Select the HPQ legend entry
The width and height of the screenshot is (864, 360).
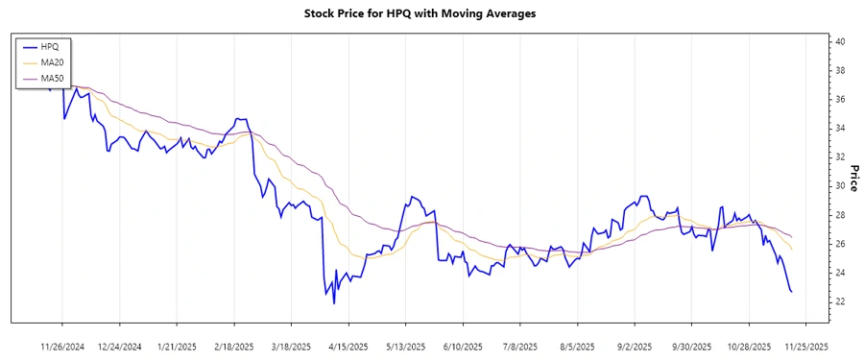coord(50,46)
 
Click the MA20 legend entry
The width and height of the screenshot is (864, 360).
coord(52,62)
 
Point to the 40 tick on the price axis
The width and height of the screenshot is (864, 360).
coord(839,42)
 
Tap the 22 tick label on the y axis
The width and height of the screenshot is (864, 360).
coord(839,301)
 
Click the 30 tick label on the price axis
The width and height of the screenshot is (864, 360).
coord(839,186)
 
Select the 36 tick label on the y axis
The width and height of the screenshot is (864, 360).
coord(839,100)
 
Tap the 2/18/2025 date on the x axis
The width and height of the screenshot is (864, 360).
coord(233,346)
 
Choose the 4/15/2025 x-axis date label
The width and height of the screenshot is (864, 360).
coord(347,346)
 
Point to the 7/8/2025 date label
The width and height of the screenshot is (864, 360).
coord(519,346)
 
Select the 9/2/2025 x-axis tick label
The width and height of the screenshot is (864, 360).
coord(635,346)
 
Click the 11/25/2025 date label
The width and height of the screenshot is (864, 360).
coord(803,346)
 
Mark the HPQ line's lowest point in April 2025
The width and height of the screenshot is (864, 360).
coord(334,303)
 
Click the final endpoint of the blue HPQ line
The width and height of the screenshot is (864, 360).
coord(791,292)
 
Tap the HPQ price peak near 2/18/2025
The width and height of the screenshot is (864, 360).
coord(237,119)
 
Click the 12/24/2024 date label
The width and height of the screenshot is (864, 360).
coord(120,346)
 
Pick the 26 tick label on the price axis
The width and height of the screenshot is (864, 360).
coord(839,244)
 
